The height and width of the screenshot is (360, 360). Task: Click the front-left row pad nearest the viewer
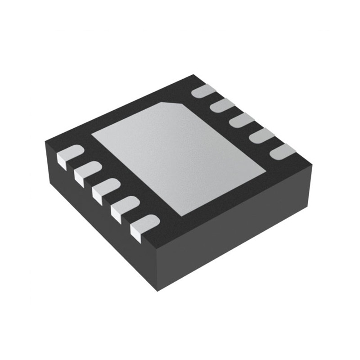[x=144, y=225]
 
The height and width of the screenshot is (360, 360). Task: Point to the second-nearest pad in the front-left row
[x=125, y=207]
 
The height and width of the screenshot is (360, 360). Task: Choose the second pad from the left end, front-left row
[x=87, y=171]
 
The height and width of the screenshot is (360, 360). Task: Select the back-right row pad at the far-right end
[x=283, y=151]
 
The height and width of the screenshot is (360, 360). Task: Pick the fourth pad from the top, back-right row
[x=261, y=136]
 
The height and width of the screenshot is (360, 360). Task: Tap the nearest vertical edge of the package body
[x=157, y=270]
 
